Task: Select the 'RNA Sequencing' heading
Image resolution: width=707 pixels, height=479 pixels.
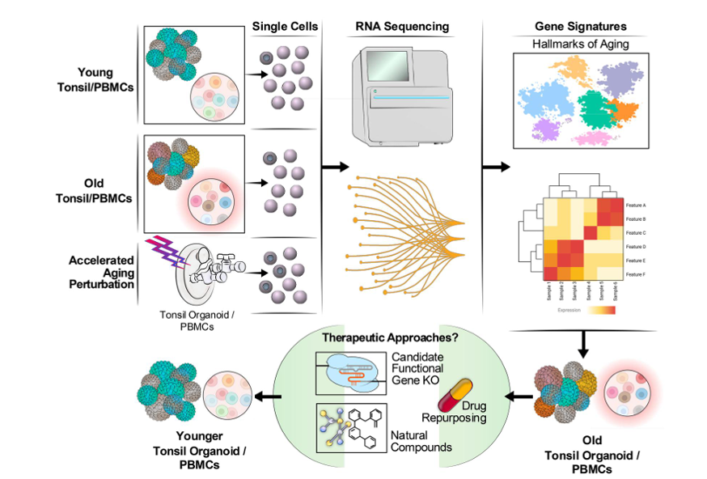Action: [402, 26]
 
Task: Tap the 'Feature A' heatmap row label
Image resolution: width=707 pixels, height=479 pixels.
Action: [637, 206]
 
